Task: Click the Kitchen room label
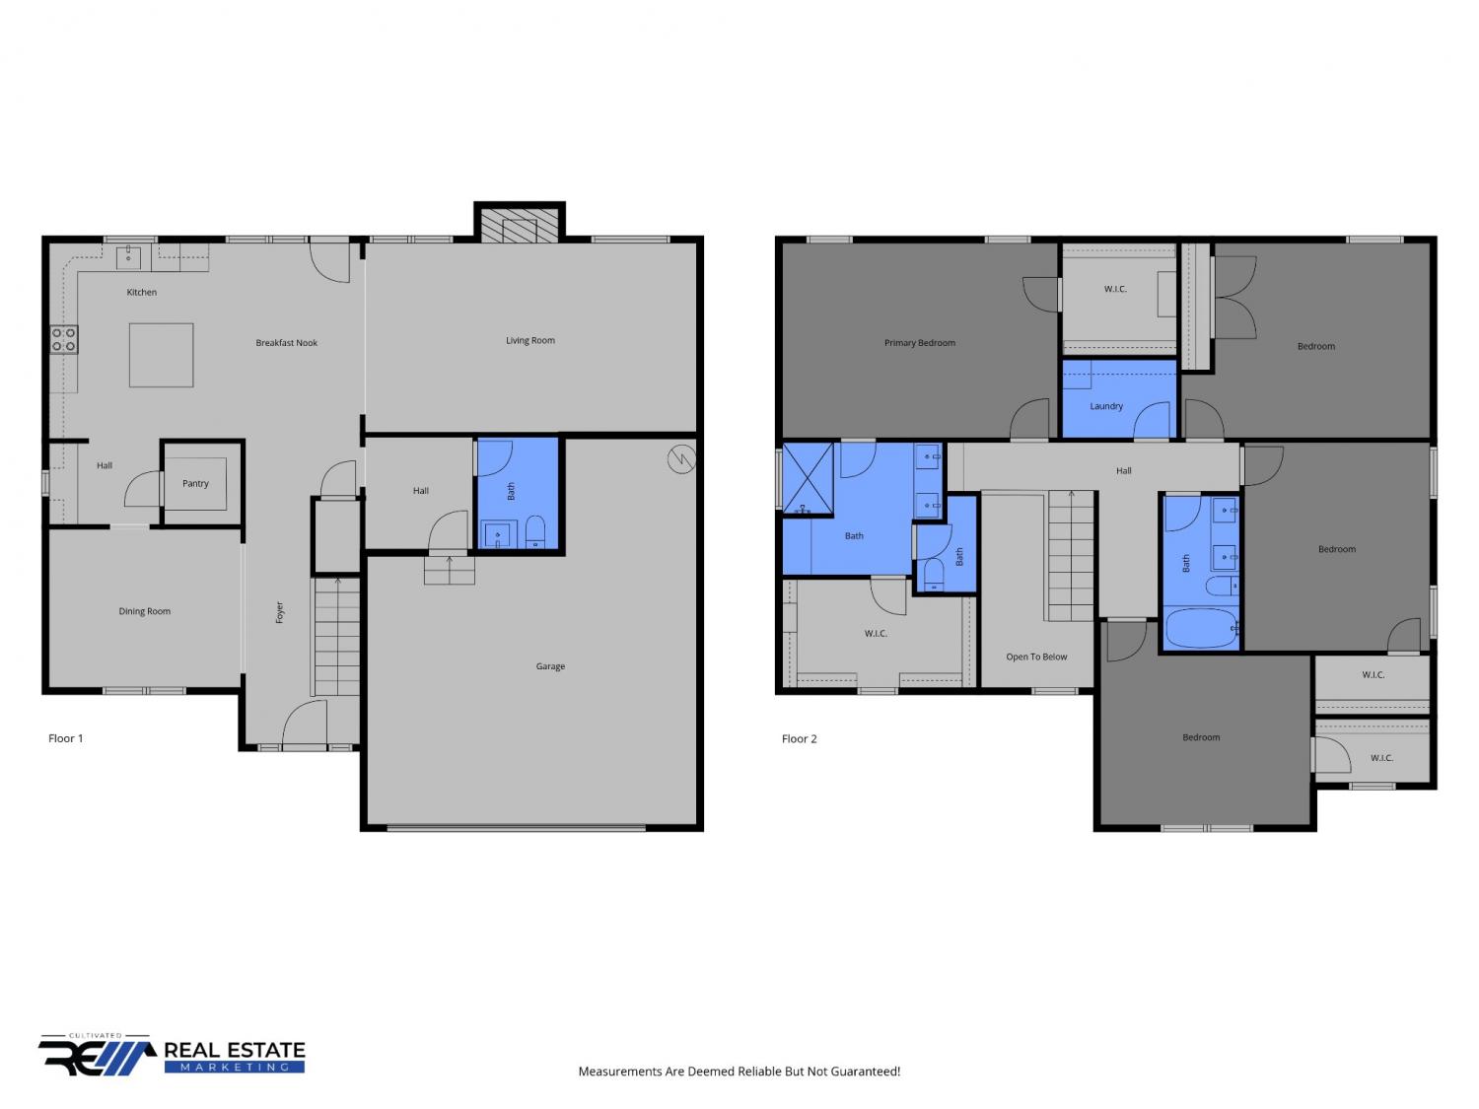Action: click(142, 292)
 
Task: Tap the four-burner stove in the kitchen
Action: click(64, 339)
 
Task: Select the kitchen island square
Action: click(161, 355)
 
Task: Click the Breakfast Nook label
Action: click(286, 343)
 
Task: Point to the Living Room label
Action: click(530, 341)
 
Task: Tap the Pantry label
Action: click(195, 483)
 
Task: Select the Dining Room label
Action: click(144, 611)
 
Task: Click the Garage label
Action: click(550, 666)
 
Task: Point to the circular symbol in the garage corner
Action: click(681, 460)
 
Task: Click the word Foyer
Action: click(279, 612)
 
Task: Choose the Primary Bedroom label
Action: click(920, 343)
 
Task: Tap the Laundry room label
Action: click(1106, 406)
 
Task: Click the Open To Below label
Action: click(1036, 657)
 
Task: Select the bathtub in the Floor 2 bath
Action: click(1201, 628)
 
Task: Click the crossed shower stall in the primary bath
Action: click(808, 478)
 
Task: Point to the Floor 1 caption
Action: click(65, 738)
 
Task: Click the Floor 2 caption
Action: click(799, 738)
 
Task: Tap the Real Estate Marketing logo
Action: click(172, 1055)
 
